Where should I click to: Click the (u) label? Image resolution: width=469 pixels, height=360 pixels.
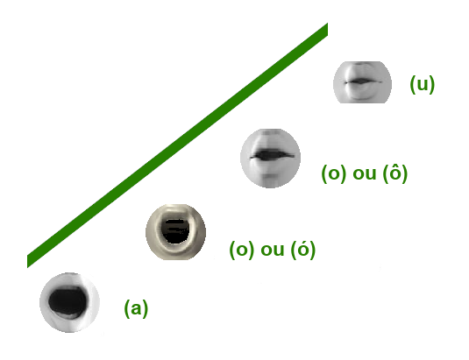click(422, 84)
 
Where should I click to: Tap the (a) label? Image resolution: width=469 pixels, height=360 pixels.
click(136, 308)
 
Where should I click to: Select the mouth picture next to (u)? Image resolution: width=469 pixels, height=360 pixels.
click(362, 82)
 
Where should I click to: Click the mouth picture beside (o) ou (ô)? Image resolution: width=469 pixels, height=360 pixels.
click(270, 159)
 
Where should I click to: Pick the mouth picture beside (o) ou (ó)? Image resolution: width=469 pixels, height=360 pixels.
click(175, 232)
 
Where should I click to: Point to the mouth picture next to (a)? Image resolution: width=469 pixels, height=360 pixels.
click(69, 302)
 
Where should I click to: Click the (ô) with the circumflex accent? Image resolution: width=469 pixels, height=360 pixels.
click(395, 173)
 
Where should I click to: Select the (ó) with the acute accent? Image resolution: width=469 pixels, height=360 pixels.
click(303, 249)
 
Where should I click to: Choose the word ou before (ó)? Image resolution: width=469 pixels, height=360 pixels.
click(272, 250)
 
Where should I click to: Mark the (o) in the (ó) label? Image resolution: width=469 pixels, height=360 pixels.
click(242, 250)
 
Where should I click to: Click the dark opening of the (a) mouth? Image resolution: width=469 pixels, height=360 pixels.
click(68, 301)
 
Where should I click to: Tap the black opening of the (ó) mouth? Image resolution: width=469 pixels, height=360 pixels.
click(175, 231)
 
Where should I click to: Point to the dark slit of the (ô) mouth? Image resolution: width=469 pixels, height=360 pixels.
click(272, 155)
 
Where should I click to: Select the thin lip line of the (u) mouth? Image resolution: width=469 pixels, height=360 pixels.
click(363, 81)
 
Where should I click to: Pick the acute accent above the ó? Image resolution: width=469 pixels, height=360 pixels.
click(304, 241)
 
